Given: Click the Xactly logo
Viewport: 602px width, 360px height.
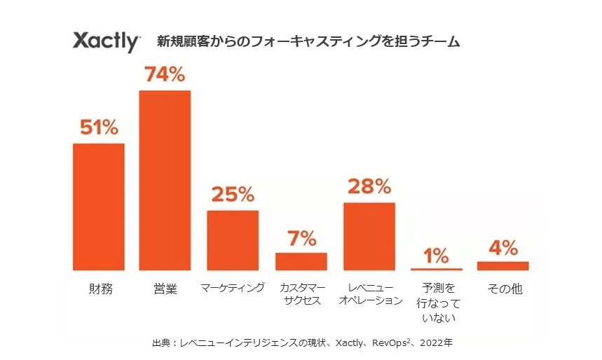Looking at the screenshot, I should coord(107,41).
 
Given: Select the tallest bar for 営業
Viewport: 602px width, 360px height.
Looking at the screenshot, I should coord(165,180).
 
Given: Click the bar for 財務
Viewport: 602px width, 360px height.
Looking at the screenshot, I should coord(99,207).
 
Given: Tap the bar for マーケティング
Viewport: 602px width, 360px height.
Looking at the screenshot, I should coord(232,240).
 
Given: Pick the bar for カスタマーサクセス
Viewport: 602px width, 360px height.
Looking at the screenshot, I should coord(301,261).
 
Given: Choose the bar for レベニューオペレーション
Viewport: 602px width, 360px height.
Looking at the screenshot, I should coord(369,236).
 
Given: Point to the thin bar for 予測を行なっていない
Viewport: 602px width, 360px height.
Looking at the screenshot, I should coord(437,269).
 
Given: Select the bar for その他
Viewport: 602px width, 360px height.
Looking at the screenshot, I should coord(502,265).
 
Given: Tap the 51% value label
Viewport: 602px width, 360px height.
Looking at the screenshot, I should coord(99,128).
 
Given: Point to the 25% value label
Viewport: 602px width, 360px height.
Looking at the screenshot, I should coord(232,195).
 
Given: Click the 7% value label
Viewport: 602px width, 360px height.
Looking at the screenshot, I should coord(301,238).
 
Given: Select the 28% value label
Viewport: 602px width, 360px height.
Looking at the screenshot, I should coord(369,186).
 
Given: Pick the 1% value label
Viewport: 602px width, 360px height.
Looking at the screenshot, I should coord(437,256).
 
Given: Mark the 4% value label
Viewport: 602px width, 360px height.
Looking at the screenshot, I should coord(502,248).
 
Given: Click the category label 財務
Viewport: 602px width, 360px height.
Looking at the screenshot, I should coord(99,289).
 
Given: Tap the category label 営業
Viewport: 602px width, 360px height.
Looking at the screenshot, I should coord(165,289).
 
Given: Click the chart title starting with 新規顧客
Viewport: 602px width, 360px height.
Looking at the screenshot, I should coord(308,42).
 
